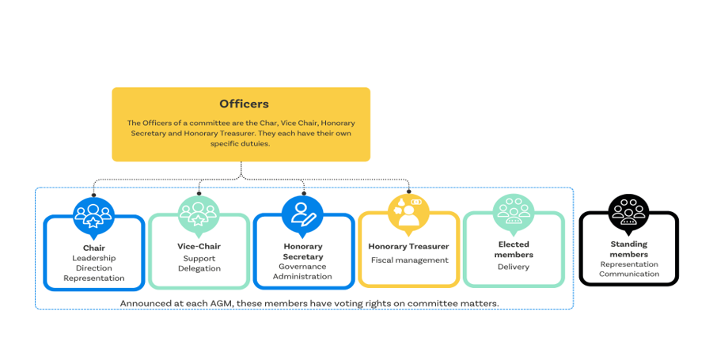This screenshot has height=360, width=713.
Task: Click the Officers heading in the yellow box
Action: click(x=245, y=104)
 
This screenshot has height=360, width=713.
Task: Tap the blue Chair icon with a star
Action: click(x=93, y=216)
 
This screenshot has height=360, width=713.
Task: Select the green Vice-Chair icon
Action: click(x=199, y=215)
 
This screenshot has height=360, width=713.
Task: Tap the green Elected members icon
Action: click(x=514, y=213)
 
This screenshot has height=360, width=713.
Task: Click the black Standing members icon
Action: click(x=628, y=213)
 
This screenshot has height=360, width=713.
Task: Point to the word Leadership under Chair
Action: click(x=94, y=258)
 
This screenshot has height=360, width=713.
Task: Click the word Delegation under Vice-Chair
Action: click(x=199, y=269)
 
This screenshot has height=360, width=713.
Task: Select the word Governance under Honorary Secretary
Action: click(x=302, y=267)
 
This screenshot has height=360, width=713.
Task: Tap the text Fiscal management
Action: click(x=410, y=260)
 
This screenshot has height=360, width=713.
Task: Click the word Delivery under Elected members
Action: click(x=514, y=267)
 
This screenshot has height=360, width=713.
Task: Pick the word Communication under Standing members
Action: click(x=629, y=274)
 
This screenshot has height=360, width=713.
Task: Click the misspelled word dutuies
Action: click(x=256, y=144)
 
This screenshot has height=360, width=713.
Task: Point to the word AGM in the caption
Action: click(x=221, y=303)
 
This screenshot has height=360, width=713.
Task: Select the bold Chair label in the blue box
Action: click(x=94, y=248)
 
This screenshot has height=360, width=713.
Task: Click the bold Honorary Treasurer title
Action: click(x=408, y=246)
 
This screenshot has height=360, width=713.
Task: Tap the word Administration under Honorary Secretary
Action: click(x=302, y=276)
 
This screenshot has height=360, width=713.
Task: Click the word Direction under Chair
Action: click(x=94, y=268)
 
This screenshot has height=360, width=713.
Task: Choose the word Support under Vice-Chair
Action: click(x=199, y=259)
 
